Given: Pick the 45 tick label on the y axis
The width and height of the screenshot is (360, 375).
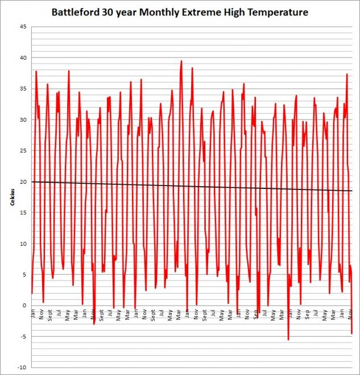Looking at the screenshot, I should tap(23, 27).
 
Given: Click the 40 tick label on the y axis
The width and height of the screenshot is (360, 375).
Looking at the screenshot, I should tap(23, 57).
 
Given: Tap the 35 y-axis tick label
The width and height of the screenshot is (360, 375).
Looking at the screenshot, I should tap(23, 89).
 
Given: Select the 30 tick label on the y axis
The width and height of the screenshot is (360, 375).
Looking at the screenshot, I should tap(23, 119).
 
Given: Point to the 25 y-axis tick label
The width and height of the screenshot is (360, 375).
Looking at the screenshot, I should tap(23, 151).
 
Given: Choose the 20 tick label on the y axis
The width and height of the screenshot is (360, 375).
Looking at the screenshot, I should tap(23, 182).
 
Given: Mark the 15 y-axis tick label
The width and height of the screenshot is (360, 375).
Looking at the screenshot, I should tap(23, 213).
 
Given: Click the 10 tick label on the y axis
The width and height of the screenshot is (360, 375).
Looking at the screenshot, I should tap(23, 244).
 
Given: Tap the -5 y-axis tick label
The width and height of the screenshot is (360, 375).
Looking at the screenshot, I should tap(23, 336).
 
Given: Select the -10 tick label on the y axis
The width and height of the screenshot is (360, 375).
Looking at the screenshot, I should tap(22, 368).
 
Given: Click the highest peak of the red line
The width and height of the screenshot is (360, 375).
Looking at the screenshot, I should tap(181, 61).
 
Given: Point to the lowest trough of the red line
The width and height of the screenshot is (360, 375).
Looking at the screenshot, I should tap(288, 340).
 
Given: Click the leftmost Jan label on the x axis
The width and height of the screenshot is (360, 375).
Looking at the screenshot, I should tap(33, 313).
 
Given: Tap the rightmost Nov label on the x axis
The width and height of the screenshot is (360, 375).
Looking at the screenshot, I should tap(349, 313).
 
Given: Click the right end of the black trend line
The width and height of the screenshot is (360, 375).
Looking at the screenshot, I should tap(353, 191).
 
